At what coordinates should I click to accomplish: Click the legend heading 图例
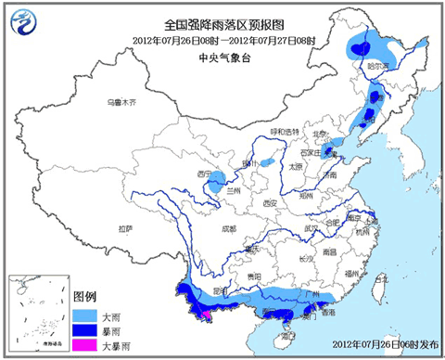pos(84,298)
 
